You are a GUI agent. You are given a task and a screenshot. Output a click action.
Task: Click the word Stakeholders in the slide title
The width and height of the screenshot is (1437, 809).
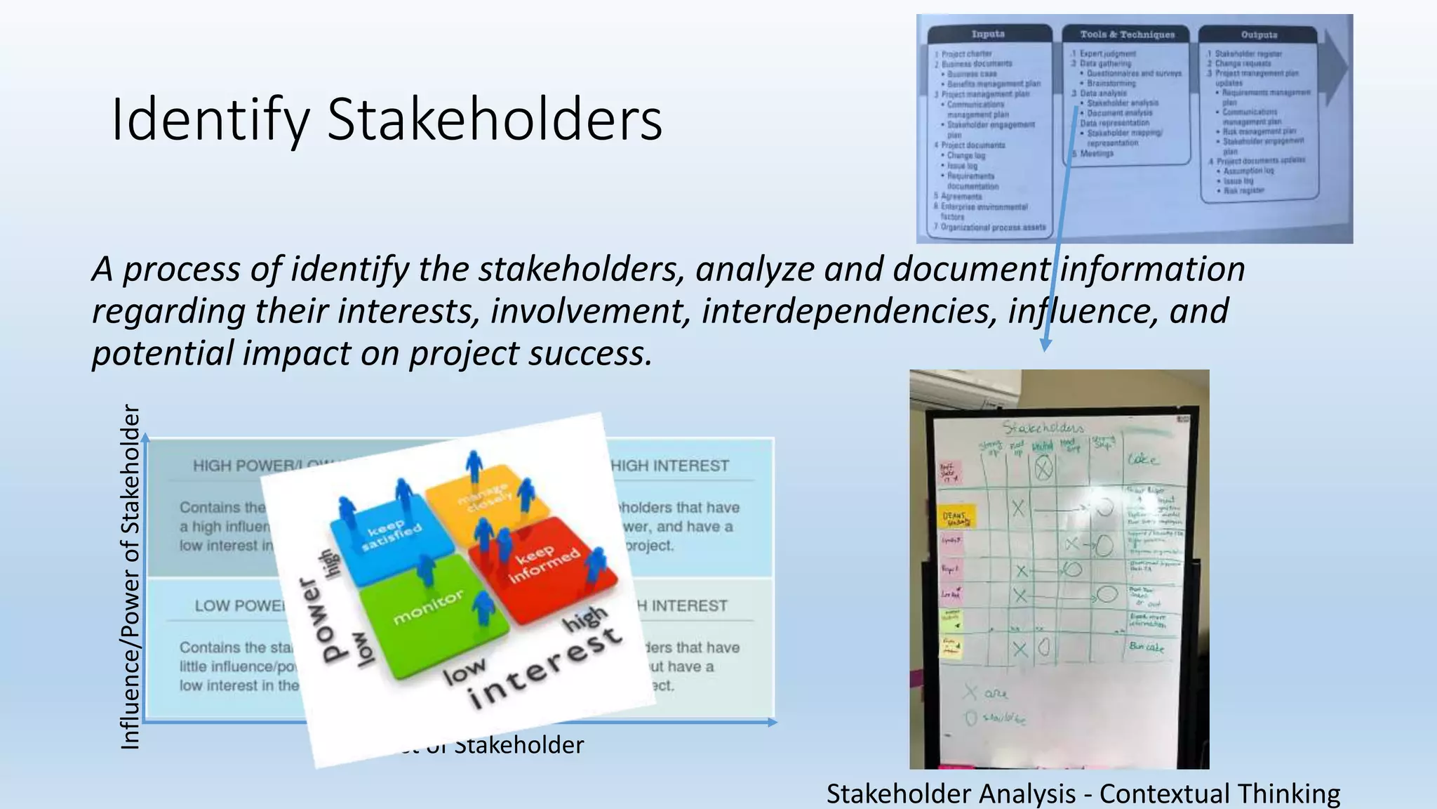pyautogui.click(x=494, y=119)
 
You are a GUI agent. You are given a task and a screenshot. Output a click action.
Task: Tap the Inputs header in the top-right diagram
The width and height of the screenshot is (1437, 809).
pyautogui.click(x=988, y=34)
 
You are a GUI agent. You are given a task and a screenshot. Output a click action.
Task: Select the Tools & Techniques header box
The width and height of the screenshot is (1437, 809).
pyautogui.click(x=1127, y=34)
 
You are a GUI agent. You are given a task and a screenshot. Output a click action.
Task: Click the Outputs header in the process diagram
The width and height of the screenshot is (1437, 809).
pyautogui.click(x=1259, y=34)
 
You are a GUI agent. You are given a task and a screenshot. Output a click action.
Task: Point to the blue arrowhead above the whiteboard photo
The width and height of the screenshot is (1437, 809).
pyautogui.click(x=1045, y=345)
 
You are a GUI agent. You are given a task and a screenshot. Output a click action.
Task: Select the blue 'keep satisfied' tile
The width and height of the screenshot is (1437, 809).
pyautogui.click(x=393, y=535)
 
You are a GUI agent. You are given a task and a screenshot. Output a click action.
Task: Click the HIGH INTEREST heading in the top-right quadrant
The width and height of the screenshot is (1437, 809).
pyautogui.click(x=670, y=466)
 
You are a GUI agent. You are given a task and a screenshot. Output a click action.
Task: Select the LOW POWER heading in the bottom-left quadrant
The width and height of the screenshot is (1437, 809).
pyautogui.click(x=239, y=605)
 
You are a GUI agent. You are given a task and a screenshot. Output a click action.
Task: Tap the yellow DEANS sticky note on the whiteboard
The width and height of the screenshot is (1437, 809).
pyautogui.click(x=956, y=518)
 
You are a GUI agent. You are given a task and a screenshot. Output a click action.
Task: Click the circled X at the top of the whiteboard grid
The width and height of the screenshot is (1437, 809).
pyautogui.click(x=1043, y=467)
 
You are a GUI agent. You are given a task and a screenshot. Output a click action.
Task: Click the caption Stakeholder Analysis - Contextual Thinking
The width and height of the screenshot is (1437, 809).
pyautogui.click(x=1083, y=794)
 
